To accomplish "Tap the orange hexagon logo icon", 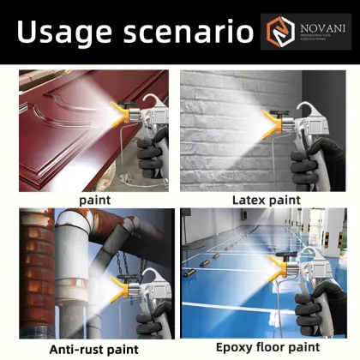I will coord(277,32).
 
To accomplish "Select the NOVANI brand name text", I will coord(320,27).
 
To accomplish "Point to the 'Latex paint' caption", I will coord(267,200).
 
